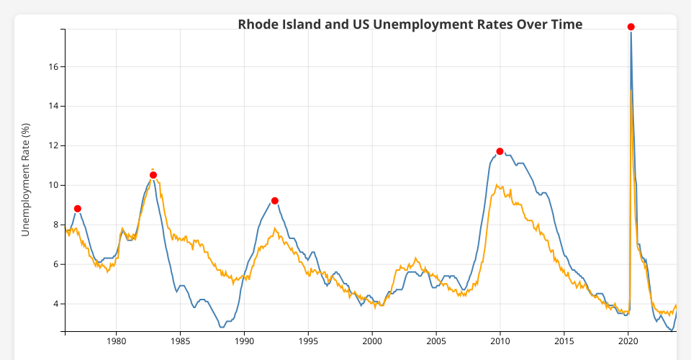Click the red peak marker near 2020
[631, 27]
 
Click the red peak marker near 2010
[500, 151]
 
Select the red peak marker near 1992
[275, 201]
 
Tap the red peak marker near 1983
[153, 175]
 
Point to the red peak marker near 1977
[78, 209]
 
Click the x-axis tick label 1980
[117, 341]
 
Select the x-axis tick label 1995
[309, 341]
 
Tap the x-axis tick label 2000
[372, 341]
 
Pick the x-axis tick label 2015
[564, 341]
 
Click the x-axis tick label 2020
[628, 341]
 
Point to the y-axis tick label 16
[53, 67]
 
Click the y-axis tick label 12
[53, 145]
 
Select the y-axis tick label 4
[55, 304]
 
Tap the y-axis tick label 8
[55, 225]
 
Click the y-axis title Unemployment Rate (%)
[26, 180]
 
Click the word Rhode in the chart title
[256, 24]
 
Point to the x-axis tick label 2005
[436, 341]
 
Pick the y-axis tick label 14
[53, 106]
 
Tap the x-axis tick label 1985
[181, 341]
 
